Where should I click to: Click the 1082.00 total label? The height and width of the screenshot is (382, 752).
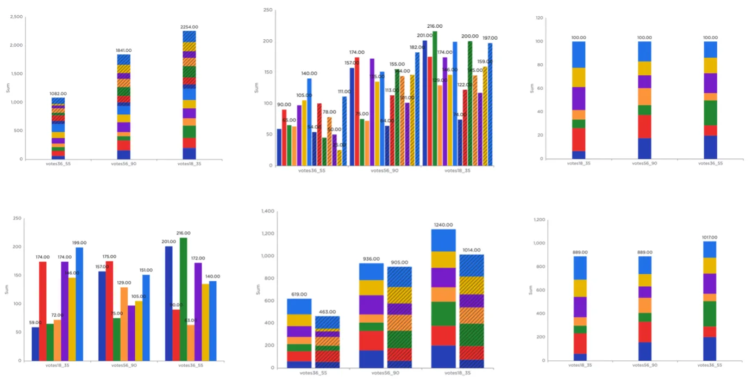58,94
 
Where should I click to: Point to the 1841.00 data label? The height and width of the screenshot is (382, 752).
123,51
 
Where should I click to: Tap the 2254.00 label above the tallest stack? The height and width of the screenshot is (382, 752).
189,27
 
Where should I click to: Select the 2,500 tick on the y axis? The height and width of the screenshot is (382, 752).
16,17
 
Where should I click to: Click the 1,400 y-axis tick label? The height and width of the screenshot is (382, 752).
269,211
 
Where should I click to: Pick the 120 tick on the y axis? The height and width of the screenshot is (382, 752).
539,18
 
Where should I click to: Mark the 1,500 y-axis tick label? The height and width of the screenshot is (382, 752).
16,73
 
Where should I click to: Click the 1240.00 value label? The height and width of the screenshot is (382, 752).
443,225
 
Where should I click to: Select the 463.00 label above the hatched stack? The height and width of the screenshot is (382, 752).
327,312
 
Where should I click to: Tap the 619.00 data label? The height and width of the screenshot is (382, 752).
299,294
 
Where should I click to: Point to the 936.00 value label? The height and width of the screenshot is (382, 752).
371,259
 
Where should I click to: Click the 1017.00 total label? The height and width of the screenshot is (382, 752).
709,237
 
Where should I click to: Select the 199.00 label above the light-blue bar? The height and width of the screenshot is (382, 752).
79,243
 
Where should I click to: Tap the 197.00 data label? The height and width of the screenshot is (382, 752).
490,38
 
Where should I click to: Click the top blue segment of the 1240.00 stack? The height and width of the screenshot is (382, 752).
443,240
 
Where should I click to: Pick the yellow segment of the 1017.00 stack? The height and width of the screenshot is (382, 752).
709,265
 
